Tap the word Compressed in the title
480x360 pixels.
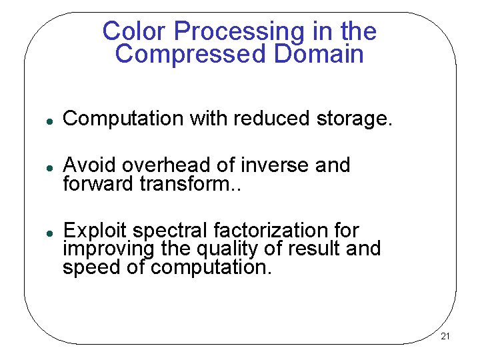pyautogui.click(x=190, y=54)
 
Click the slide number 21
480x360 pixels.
pyautogui.click(x=445, y=336)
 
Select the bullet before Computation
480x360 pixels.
pyautogui.click(x=41, y=120)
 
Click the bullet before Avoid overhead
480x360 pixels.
pyautogui.click(x=41, y=165)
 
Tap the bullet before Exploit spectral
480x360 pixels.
pyautogui.click(x=41, y=231)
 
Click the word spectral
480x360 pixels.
pyautogui.click(x=170, y=231)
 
